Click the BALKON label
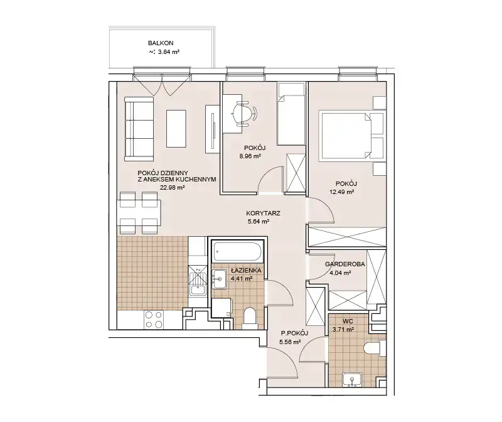click(161, 43)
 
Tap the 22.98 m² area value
click(172, 188)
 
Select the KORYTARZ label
click(263, 213)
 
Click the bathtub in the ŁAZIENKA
click(238, 252)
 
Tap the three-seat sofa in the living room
click(139, 129)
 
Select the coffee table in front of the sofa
click(176, 129)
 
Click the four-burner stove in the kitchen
click(154, 320)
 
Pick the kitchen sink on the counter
click(198, 283)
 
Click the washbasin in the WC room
click(352, 380)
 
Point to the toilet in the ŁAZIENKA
click(250, 318)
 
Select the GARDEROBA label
click(344, 264)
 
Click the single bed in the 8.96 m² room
click(291, 114)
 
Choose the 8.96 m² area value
click(250, 156)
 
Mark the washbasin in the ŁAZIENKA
click(219, 279)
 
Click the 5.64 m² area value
click(258, 222)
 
